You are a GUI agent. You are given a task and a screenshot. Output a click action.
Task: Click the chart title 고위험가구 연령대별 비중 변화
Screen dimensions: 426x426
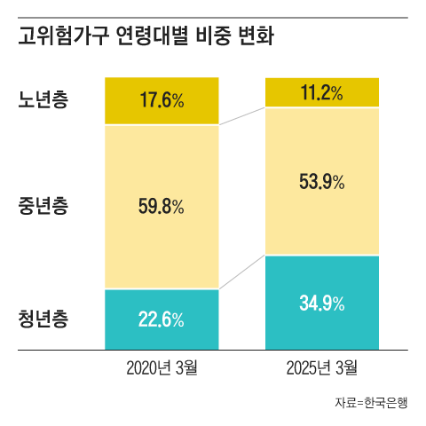[146, 39]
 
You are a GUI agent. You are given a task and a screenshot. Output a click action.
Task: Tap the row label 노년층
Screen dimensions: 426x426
[43, 99]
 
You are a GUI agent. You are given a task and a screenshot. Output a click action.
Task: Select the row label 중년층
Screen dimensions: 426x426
[43, 207]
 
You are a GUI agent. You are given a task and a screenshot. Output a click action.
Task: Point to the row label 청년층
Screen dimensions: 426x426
[43, 318]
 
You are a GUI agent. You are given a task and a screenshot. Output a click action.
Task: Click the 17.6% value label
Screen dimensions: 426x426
[162, 100]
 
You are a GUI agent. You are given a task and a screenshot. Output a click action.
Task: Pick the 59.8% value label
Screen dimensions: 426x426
[162, 207]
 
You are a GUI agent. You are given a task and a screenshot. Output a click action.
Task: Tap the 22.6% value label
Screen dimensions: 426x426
[162, 319]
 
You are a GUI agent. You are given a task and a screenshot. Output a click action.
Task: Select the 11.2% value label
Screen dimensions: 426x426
[323, 91]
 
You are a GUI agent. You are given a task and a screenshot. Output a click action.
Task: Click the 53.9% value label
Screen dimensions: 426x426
[323, 181]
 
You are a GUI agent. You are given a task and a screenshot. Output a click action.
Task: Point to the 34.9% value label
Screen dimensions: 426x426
[323, 303]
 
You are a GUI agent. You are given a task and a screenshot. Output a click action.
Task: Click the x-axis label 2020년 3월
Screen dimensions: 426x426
[162, 367]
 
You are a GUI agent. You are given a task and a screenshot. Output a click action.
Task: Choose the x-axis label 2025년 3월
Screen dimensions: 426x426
[323, 367]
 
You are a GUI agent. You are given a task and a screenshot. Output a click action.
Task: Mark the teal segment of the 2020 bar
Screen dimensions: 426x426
[124, 333]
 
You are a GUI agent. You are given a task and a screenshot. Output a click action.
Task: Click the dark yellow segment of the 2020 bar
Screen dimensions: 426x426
[124, 89]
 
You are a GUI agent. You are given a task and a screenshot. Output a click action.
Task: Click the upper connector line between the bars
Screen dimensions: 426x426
[242, 116]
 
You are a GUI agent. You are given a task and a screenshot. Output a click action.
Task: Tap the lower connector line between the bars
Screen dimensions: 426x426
[242, 272]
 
